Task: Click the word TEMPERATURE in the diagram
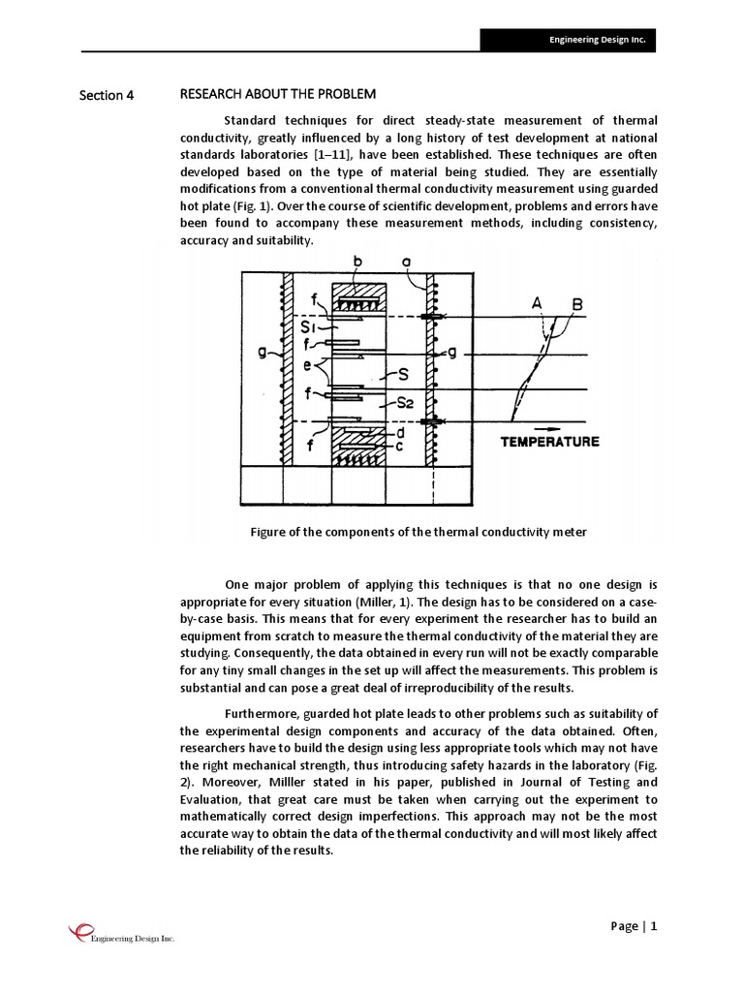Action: (x=549, y=442)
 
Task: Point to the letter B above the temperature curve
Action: (x=577, y=304)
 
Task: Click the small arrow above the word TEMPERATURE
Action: (x=549, y=425)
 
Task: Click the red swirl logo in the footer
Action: (x=78, y=931)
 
